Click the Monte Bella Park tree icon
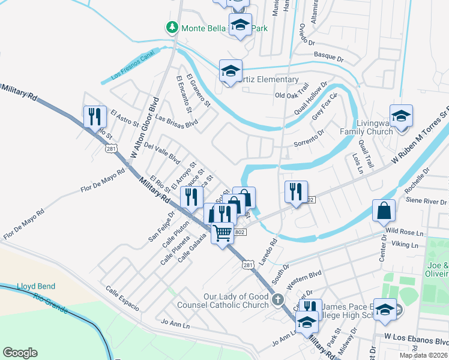point(172,28)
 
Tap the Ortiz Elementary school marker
point(231,71)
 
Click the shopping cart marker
point(223,232)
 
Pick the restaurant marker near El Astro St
point(94,116)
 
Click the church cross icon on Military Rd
point(277,299)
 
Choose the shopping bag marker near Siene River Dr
point(384,211)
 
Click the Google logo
point(20,353)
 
